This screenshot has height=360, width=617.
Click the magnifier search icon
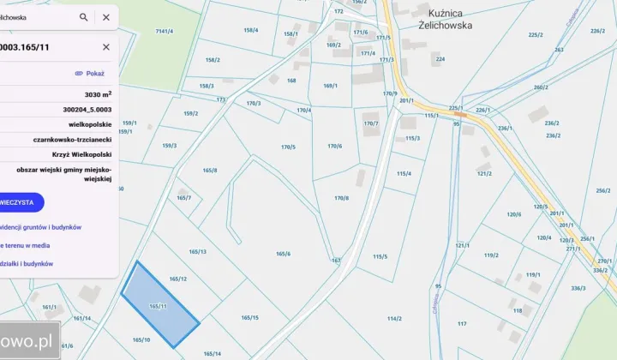(x=84, y=17)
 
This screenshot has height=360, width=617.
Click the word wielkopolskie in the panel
(x=91, y=124)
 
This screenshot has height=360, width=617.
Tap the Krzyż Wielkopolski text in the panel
(x=84, y=154)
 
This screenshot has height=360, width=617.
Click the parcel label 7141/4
(x=165, y=32)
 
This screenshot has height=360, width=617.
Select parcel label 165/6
(x=284, y=254)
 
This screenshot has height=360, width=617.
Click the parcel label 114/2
(x=394, y=318)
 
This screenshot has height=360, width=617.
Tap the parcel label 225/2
(x=536, y=35)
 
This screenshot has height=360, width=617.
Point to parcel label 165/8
(x=210, y=171)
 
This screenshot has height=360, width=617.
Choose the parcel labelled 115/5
(x=380, y=256)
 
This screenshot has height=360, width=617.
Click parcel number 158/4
(x=250, y=30)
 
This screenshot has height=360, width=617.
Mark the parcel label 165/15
(x=250, y=318)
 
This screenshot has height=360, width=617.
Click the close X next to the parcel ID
(x=106, y=47)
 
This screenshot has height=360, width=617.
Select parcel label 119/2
(x=491, y=255)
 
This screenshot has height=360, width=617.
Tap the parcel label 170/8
(x=341, y=198)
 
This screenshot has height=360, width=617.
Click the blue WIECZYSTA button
(x=19, y=202)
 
